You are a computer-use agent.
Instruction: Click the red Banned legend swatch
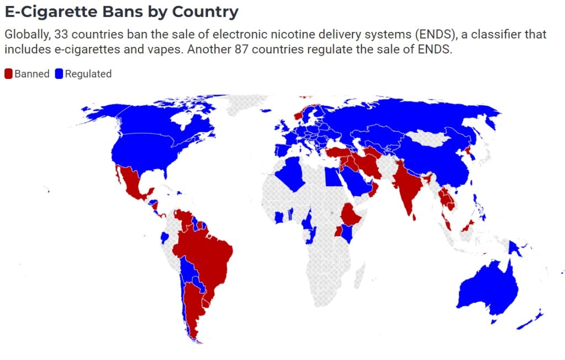(x=8, y=74)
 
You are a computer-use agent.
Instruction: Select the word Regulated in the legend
(x=88, y=74)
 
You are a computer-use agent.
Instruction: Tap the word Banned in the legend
(x=32, y=74)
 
